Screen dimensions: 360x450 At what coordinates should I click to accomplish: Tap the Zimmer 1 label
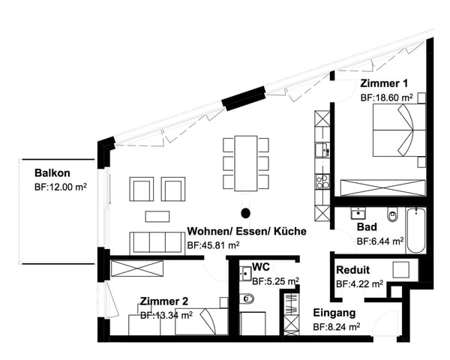click(x=385, y=83)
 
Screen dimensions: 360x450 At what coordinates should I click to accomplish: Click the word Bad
click(x=367, y=226)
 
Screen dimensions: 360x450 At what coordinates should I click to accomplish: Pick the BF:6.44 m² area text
click(x=380, y=241)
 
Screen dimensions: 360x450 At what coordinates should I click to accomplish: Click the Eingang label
click(x=334, y=313)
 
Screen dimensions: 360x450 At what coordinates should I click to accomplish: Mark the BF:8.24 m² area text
click(x=337, y=327)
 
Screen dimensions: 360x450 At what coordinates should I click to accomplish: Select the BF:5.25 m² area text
click(x=275, y=281)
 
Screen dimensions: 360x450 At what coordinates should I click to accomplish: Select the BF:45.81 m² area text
click(x=213, y=245)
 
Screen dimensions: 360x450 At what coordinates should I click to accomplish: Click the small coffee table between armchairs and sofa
click(x=157, y=217)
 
